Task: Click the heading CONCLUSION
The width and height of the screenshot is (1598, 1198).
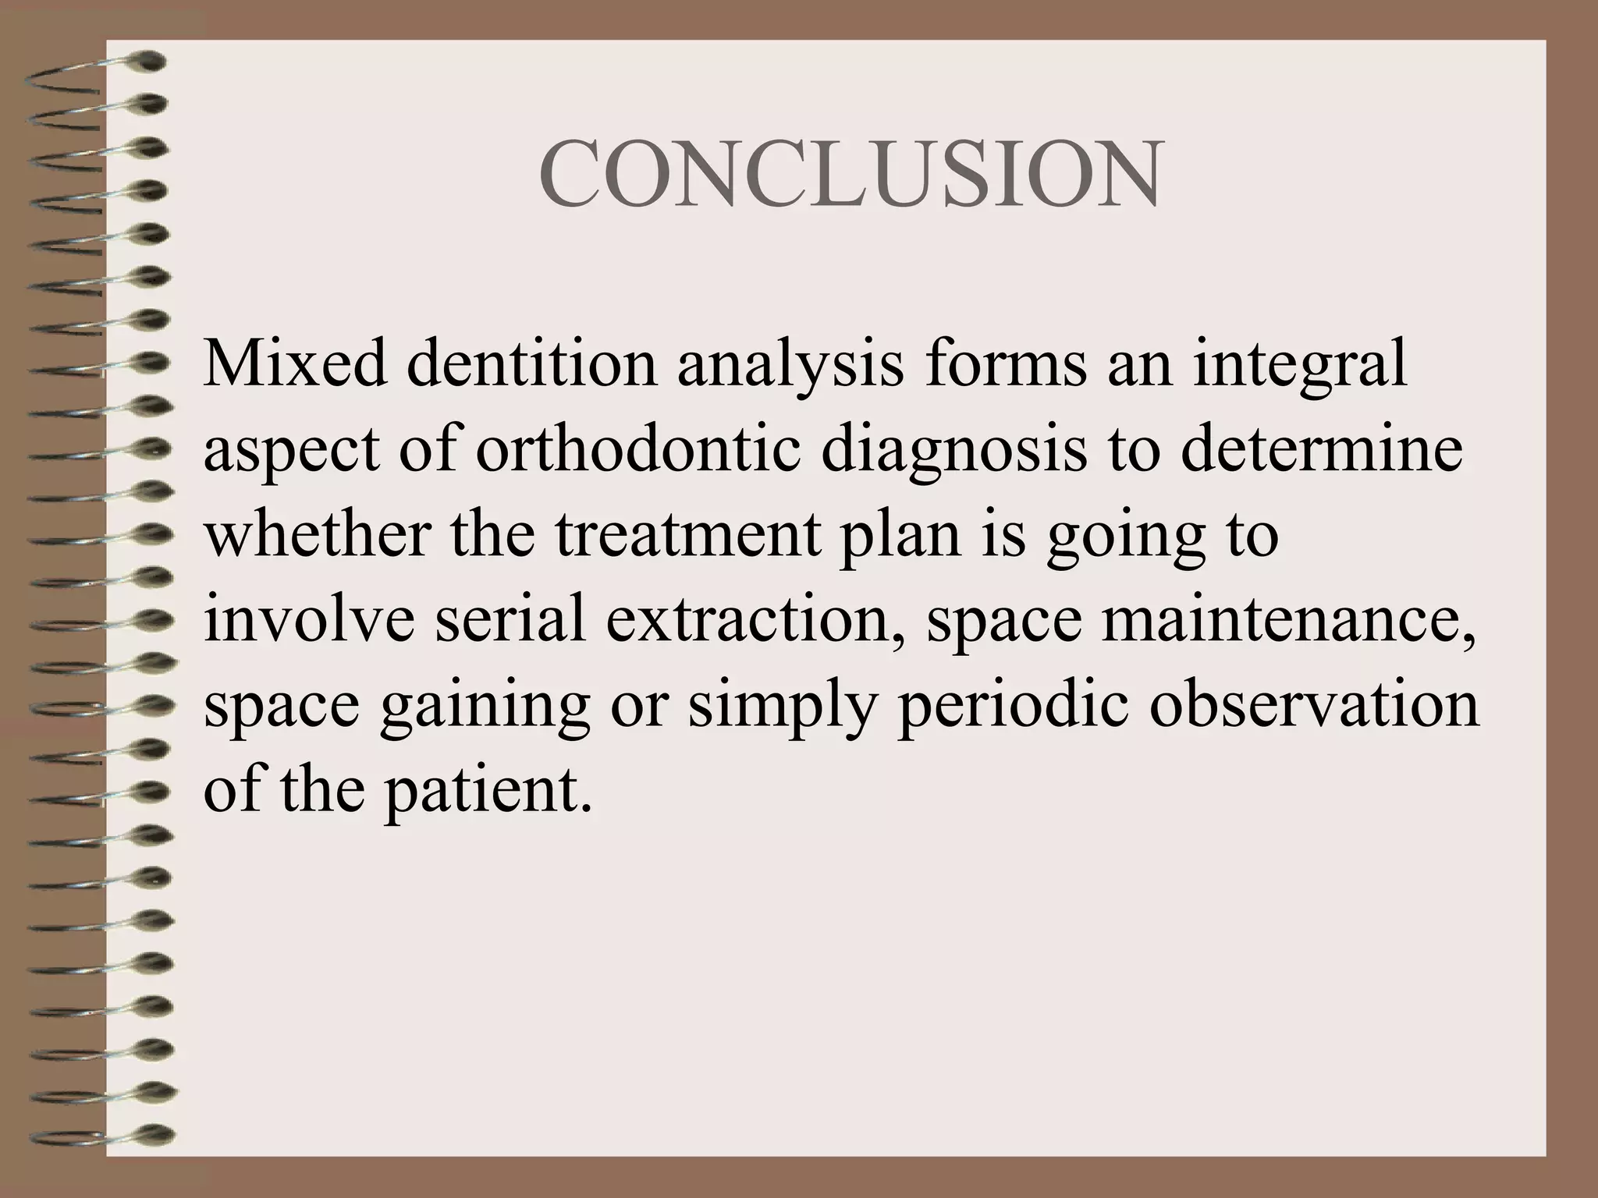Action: (x=850, y=175)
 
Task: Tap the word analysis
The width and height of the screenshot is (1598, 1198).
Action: (x=790, y=365)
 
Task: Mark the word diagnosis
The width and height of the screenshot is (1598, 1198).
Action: (x=953, y=451)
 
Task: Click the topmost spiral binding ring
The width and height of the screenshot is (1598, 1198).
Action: (x=94, y=64)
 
